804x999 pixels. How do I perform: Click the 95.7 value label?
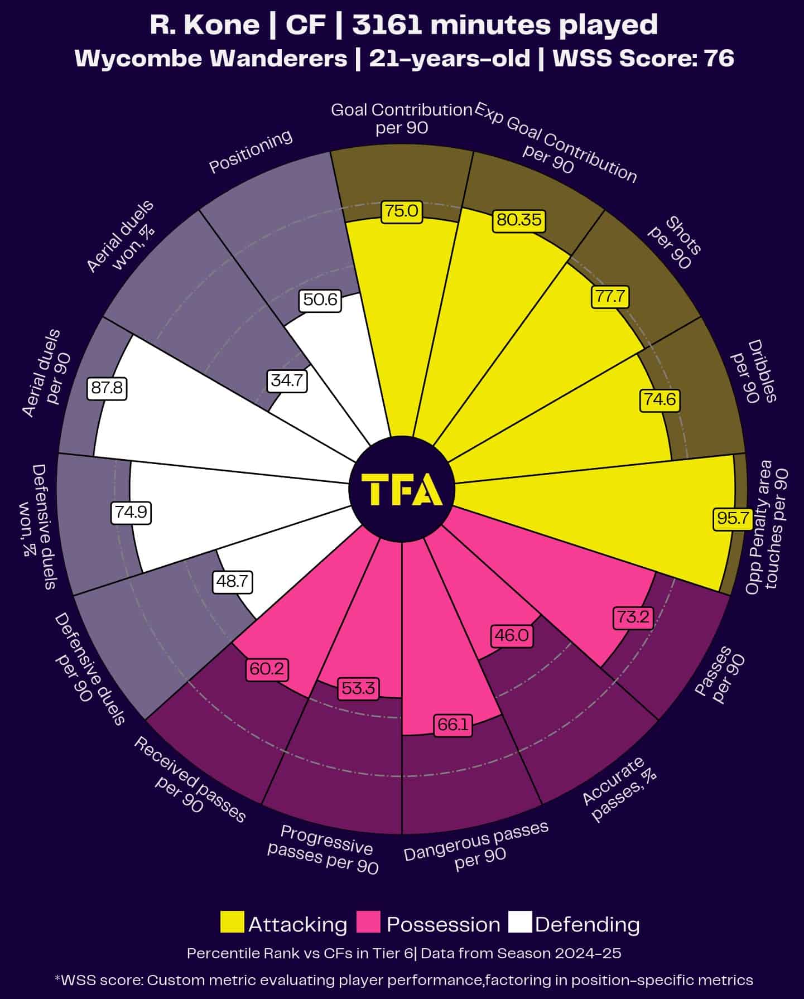(733, 518)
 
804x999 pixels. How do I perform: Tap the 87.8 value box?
(107, 388)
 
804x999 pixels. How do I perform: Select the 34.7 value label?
(287, 380)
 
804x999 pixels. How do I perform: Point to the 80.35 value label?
(519, 220)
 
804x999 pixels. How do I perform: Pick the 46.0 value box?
(512, 635)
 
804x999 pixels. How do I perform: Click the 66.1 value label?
(452, 725)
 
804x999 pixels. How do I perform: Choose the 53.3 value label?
(358, 688)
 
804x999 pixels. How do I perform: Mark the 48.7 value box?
(232, 582)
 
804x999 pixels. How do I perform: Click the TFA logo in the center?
(402, 489)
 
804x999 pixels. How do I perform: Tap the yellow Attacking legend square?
(232, 922)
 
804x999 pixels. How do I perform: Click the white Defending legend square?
(520, 922)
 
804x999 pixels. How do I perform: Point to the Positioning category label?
(251, 151)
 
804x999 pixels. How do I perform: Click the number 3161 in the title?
(386, 25)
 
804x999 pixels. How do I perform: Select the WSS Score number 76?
(719, 58)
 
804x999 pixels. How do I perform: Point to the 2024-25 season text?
(588, 953)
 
